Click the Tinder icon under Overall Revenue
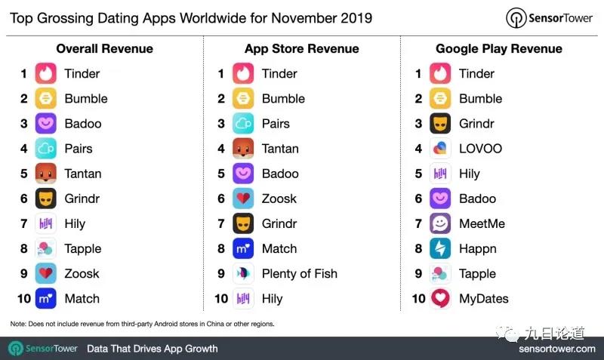pos(46,74)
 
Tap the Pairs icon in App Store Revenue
pos(243,124)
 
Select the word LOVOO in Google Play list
pos(480,149)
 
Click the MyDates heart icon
pos(441,299)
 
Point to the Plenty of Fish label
pos(299,274)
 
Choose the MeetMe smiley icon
pos(441,224)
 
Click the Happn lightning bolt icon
pos(441,249)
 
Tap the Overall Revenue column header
pos(104,49)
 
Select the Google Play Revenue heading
pos(498,49)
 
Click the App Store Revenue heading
pos(301,49)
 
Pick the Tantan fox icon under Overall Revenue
pos(46,174)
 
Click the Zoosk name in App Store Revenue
pos(279,199)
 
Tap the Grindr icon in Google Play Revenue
pos(441,124)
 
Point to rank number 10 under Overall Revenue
pos(23,299)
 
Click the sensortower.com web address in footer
pos(556,349)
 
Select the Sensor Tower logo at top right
pos(549,17)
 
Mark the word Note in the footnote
pos(18,324)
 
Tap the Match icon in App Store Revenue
pos(243,249)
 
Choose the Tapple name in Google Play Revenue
pos(477,274)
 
